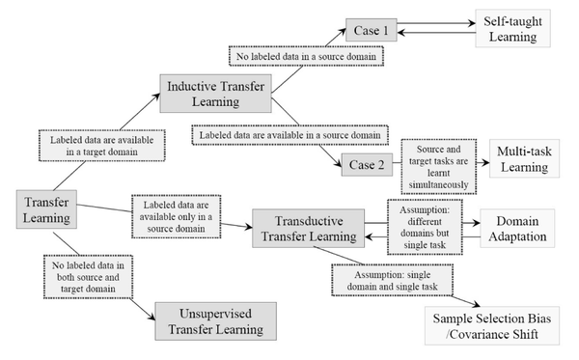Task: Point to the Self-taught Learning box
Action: click(510, 29)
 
